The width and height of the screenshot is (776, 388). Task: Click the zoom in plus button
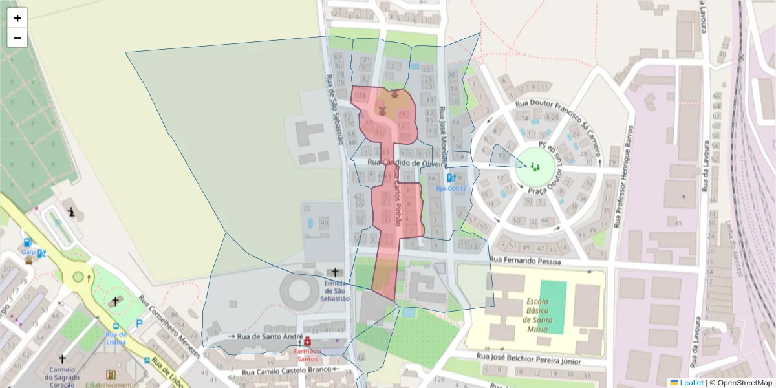[x=17, y=18]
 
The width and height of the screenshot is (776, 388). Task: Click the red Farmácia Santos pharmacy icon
[x=307, y=341]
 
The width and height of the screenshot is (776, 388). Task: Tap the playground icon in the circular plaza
[x=535, y=167]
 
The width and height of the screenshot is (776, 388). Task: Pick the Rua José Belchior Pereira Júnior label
[x=529, y=356]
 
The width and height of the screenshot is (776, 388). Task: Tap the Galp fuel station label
[x=27, y=252]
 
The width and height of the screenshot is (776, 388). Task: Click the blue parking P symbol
[x=139, y=323]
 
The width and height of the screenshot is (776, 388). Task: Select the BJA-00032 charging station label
[x=451, y=188]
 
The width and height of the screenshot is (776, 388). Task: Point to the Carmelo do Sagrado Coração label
[x=63, y=374]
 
